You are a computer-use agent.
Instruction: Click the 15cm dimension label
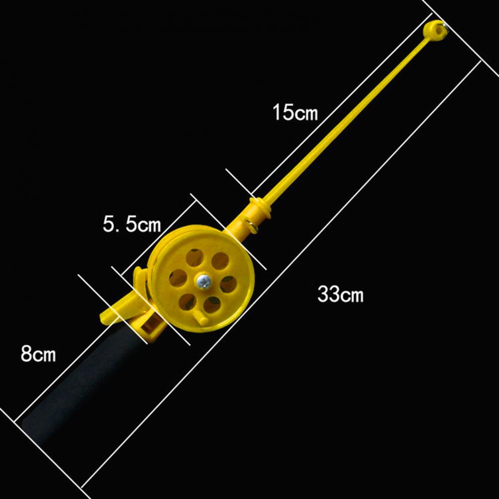(295, 112)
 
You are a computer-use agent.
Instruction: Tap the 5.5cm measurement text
(132, 224)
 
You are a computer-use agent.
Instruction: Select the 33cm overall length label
(340, 294)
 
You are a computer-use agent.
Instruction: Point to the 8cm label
(38, 353)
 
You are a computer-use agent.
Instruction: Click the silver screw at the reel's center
(203, 281)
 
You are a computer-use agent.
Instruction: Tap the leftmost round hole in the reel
(177, 278)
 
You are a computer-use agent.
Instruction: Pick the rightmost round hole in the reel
(229, 284)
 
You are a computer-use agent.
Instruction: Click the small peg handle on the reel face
(202, 319)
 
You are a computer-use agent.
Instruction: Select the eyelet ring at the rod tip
(435, 30)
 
